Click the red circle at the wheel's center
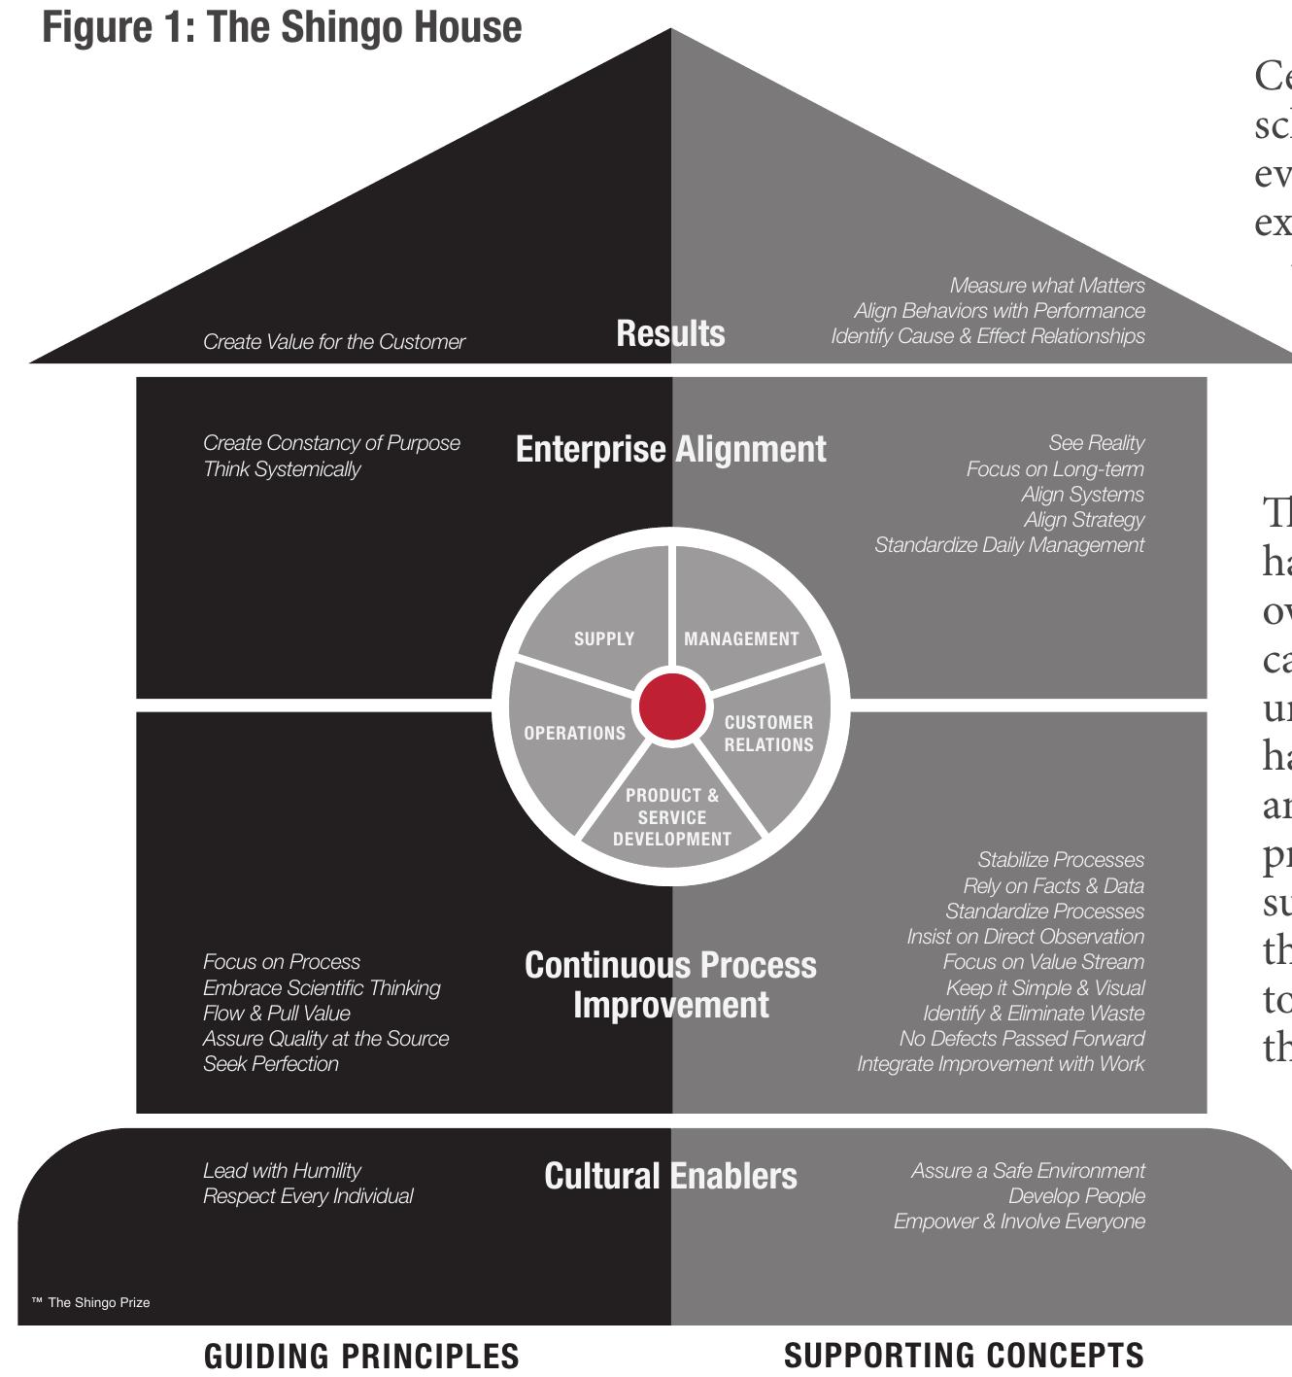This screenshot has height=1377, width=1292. pyautogui.click(x=671, y=706)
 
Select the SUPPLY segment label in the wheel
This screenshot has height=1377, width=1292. pyautogui.click(x=604, y=638)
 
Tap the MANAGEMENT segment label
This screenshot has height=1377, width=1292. pyautogui.click(x=741, y=638)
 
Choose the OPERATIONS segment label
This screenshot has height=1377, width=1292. pyautogui.click(x=574, y=733)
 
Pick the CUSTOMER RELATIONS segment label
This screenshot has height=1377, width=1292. pyautogui.click(x=768, y=734)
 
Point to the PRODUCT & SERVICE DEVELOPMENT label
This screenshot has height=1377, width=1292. pyautogui.click(x=672, y=817)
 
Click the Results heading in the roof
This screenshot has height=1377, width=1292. pyautogui.click(x=670, y=333)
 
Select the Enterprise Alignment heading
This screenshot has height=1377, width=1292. pyautogui.click(x=670, y=449)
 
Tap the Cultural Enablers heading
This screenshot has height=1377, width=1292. pyautogui.click(x=670, y=1176)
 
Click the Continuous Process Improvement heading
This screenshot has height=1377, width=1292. pyautogui.click(x=670, y=984)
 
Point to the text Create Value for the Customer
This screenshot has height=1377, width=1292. pyautogui.click(x=334, y=342)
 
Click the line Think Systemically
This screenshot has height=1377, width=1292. pyautogui.click(x=282, y=469)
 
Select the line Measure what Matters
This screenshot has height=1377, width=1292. pyautogui.click(x=1047, y=286)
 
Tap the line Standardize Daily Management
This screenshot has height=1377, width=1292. pyautogui.click(x=1009, y=545)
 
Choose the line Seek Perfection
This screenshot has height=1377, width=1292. pyautogui.click(x=271, y=1064)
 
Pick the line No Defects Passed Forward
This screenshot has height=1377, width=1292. pyautogui.click(x=1022, y=1039)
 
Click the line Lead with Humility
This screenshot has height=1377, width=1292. pyautogui.click(x=282, y=1171)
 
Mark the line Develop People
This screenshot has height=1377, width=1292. pyautogui.click(x=1076, y=1196)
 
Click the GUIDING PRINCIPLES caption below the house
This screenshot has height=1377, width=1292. pyautogui.click(x=361, y=1356)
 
